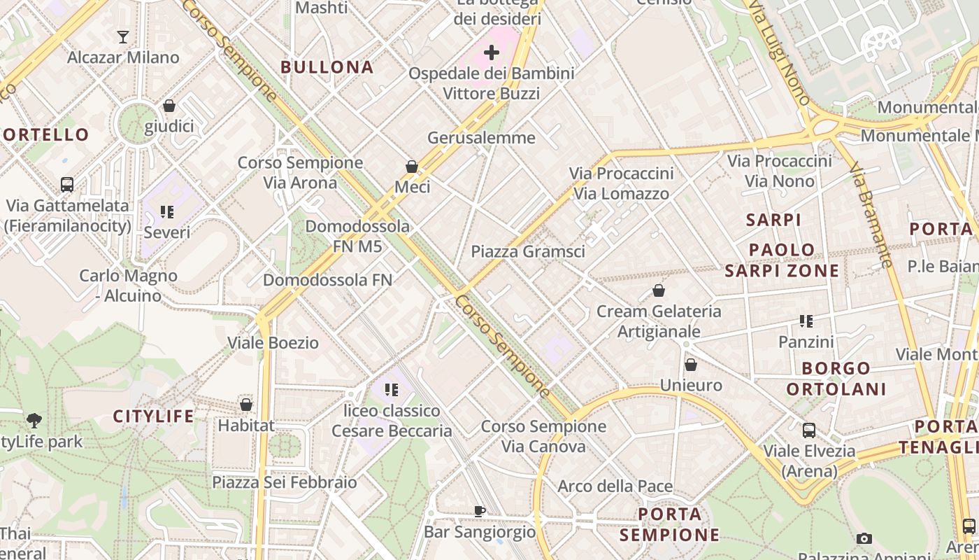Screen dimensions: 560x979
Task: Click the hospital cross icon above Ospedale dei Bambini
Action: pos(492,52)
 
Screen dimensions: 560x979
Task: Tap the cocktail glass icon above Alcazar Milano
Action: pos(123,36)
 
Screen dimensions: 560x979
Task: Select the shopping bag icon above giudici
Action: pos(169,106)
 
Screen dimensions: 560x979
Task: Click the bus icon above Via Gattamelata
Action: pos(67,185)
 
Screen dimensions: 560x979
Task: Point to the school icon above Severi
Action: pos(166,211)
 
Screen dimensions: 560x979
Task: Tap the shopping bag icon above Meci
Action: pos(412,167)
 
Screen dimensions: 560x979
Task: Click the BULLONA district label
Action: pos(327,67)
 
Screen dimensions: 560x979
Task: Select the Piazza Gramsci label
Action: pos(528,251)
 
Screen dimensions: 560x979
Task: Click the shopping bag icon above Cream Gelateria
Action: pos(658,290)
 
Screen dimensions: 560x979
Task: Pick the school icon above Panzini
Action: pos(806,321)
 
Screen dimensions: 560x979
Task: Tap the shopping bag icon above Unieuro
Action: pos(691,365)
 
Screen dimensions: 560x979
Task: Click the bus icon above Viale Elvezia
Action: pos(809,430)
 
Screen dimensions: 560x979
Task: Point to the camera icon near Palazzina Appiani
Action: pos(864,538)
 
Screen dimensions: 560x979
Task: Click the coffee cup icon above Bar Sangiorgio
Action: pos(479,511)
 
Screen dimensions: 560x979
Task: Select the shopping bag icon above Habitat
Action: pos(245,405)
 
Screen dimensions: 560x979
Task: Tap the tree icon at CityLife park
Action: pos(34,420)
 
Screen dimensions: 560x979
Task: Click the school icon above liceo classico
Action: pos(391,389)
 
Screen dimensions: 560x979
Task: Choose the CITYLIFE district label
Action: pos(154,416)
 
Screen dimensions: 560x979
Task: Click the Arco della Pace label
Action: pos(615,486)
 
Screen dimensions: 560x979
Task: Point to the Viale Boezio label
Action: pos(273,343)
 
